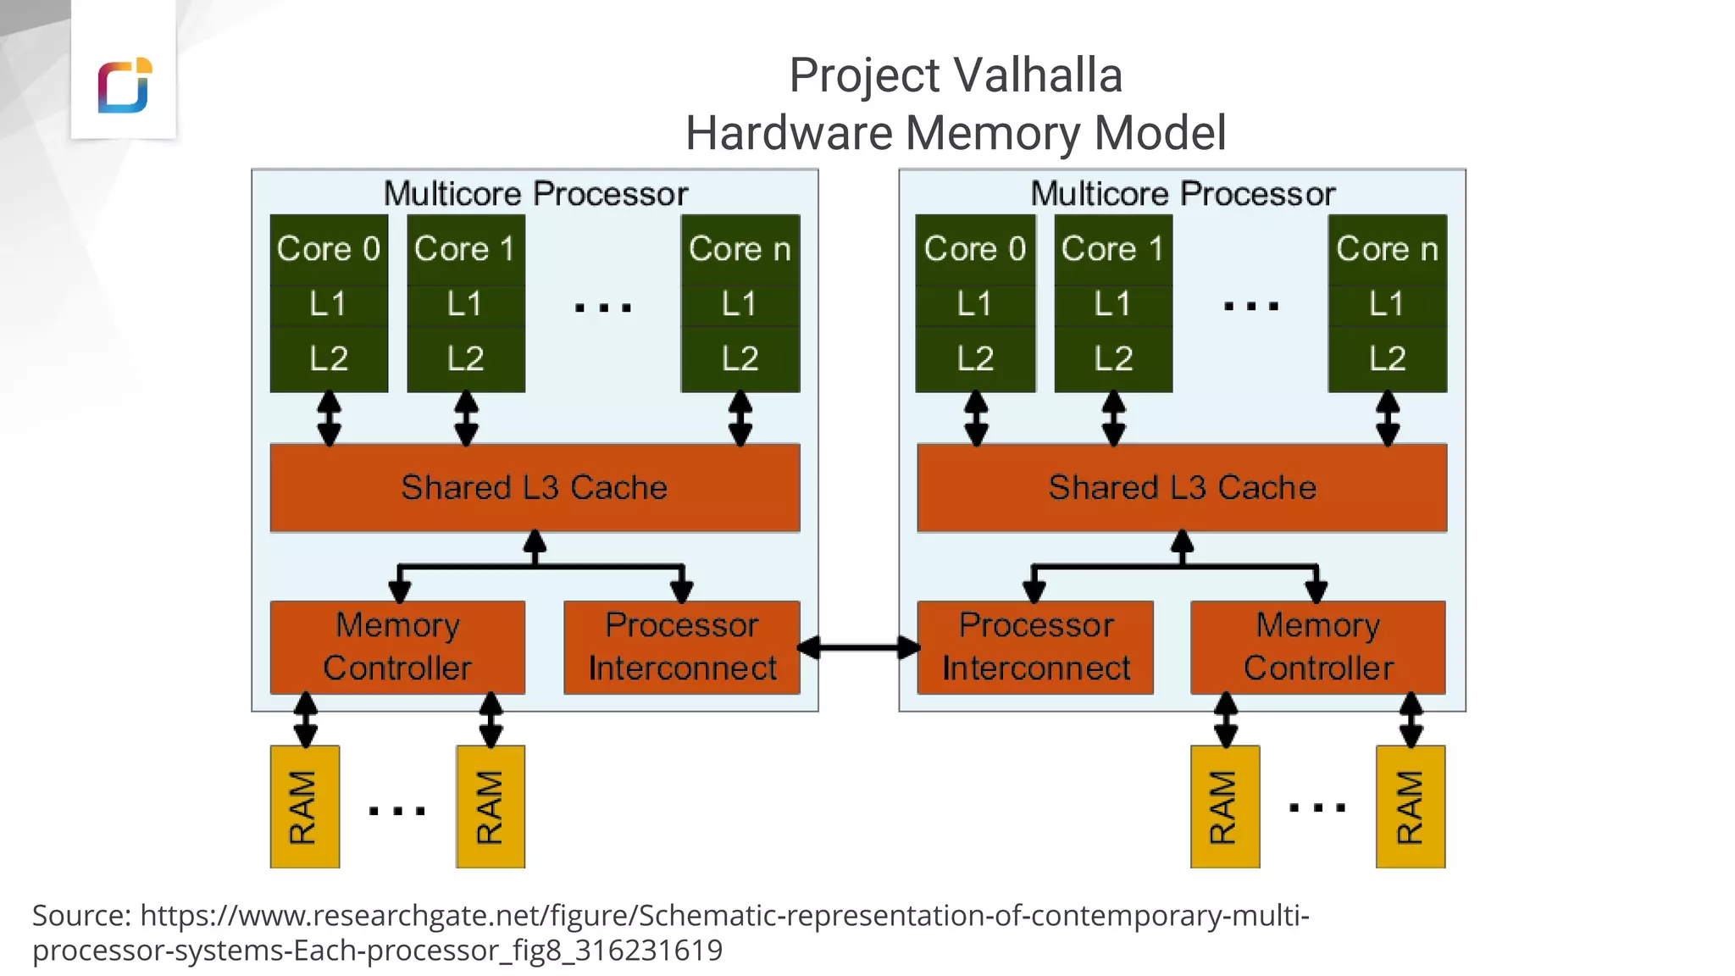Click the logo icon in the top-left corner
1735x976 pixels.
(125, 85)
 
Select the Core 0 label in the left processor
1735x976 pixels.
(329, 249)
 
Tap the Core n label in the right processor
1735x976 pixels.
(1387, 249)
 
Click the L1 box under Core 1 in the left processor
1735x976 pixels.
(465, 304)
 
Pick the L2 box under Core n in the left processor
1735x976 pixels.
(740, 359)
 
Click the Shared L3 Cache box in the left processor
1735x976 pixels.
(535, 488)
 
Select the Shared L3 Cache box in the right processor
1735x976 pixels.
(1182, 488)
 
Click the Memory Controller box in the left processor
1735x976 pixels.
(397, 647)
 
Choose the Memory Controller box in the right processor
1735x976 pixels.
(1317, 647)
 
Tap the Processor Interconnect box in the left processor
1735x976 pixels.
(682, 647)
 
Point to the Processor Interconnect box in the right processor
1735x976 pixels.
(1035, 647)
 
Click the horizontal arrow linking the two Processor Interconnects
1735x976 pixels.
(858, 648)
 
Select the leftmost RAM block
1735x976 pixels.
(305, 807)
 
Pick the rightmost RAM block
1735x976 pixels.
(1411, 807)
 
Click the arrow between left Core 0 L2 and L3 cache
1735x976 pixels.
(329, 419)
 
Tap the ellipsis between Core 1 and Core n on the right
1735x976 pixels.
(1251, 307)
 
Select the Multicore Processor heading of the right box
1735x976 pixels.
(1183, 194)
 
